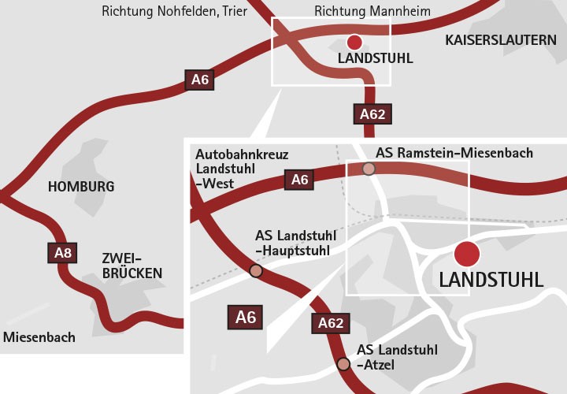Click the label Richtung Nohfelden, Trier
click(x=175, y=12)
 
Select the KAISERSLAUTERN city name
click(x=500, y=39)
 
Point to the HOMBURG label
click(x=81, y=187)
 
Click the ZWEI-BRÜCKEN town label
click(x=132, y=266)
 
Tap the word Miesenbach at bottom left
click(x=39, y=337)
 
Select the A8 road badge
click(x=63, y=253)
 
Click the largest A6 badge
click(x=246, y=317)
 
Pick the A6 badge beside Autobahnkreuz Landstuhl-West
click(x=299, y=180)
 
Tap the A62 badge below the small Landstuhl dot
click(x=372, y=114)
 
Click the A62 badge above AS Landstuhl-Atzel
click(x=330, y=322)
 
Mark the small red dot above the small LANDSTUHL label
click(x=354, y=43)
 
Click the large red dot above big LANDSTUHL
click(x=467, y=254)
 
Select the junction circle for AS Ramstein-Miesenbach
click(x=369, y=169)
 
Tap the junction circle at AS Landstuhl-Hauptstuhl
click(x=256, y=272)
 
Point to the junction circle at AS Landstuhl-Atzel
click(x=343, y=364)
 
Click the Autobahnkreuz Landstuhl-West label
click(x=231, y=168)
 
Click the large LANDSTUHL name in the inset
click(x=491, y=280)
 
